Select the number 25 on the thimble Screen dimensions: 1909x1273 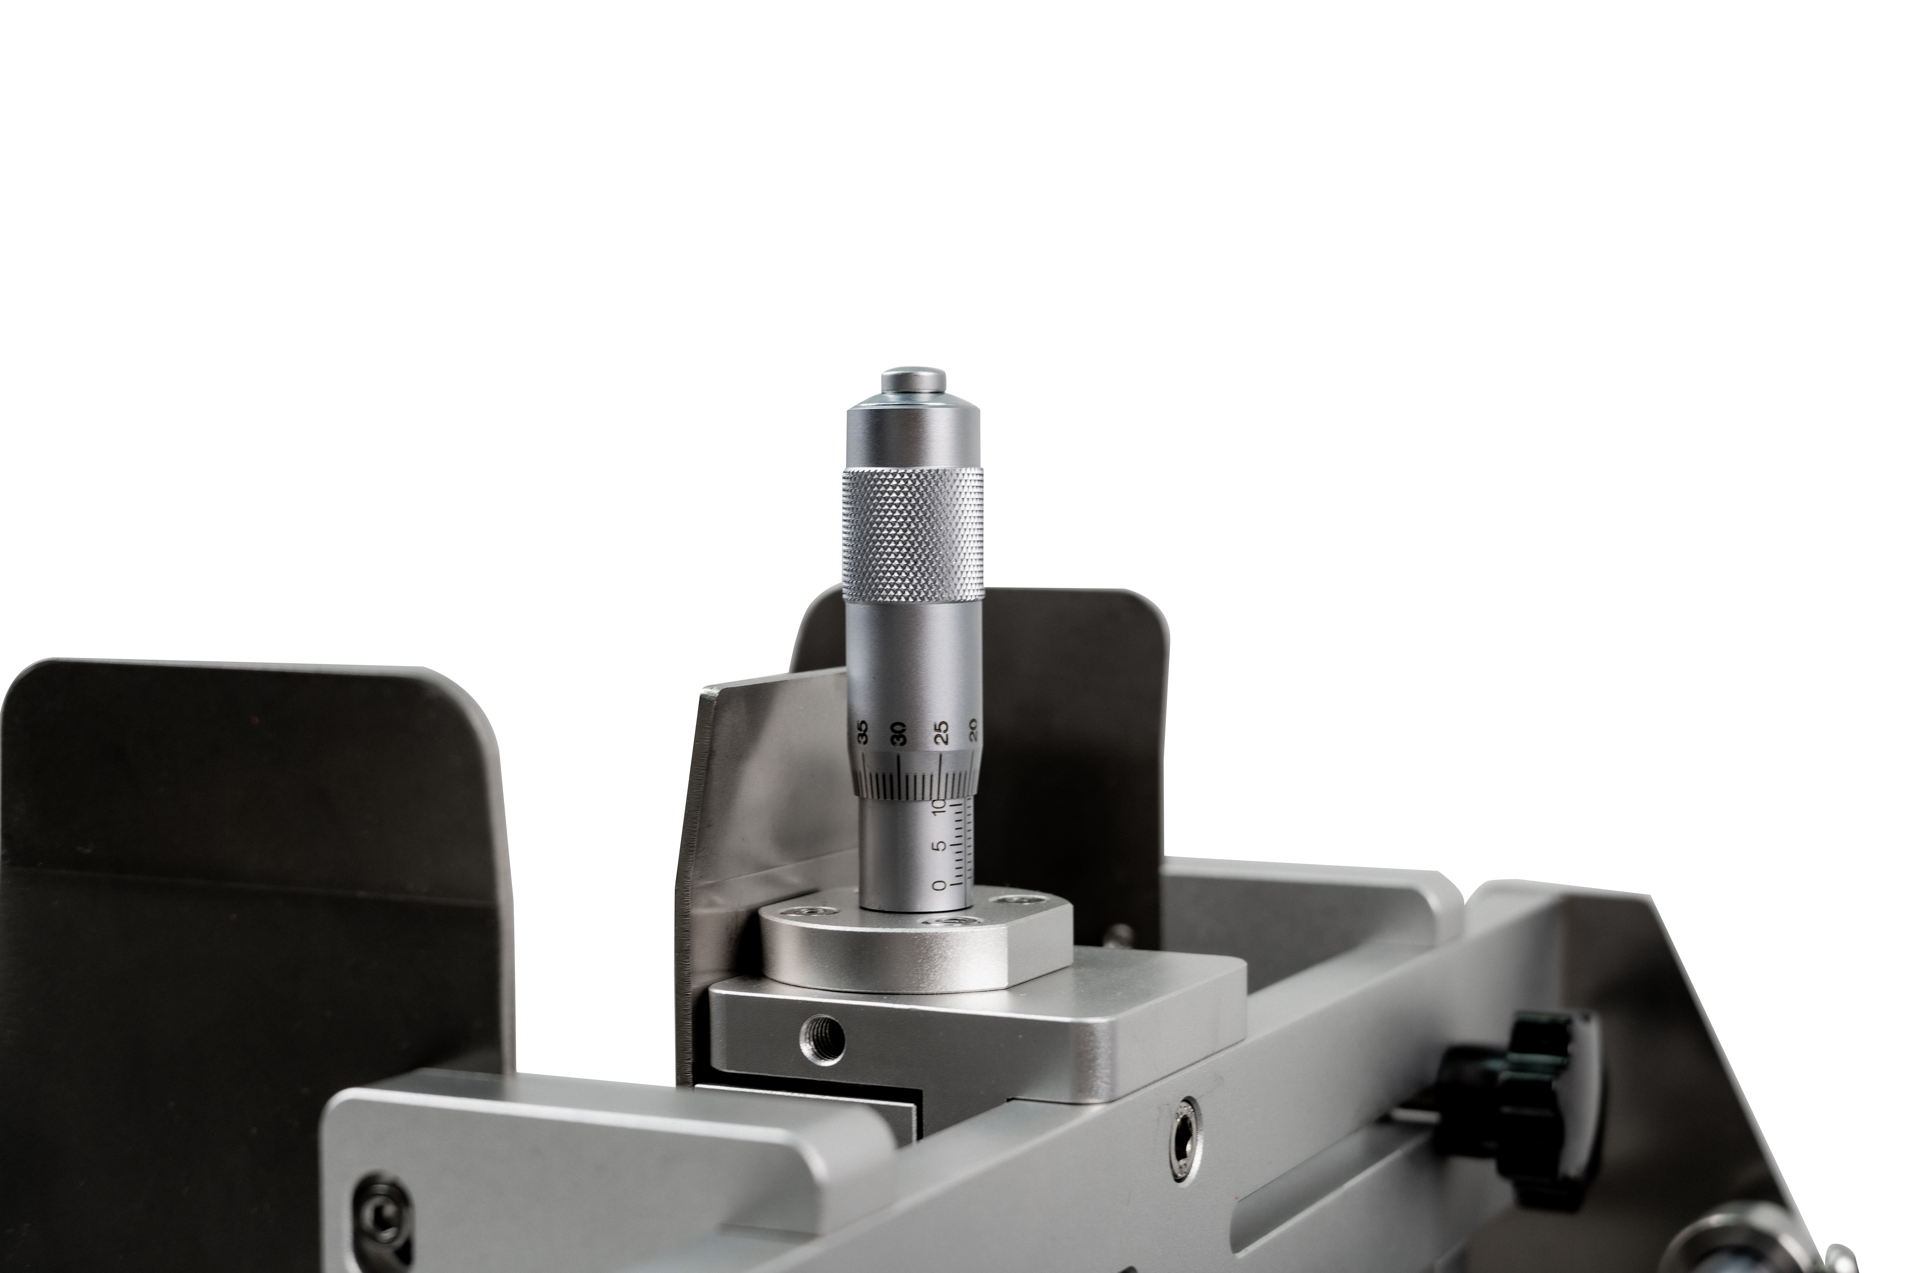941,733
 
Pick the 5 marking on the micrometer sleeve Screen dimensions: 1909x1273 940,846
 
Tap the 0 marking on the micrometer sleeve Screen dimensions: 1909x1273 940,884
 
